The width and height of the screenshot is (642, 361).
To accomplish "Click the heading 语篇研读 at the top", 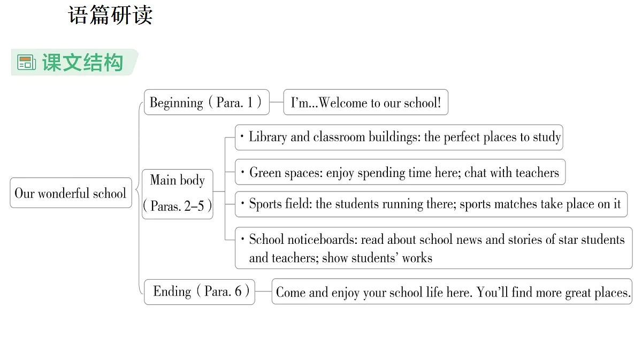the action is point(110,15).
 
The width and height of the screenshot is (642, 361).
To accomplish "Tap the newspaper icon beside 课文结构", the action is point(26,62).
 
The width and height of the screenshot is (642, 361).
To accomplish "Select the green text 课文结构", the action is point(83,62).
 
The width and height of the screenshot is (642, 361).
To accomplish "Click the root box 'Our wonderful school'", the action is point(71,193).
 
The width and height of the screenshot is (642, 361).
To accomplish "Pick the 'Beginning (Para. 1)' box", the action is point(207,102).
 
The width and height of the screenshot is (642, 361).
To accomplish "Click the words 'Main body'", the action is point(178,180).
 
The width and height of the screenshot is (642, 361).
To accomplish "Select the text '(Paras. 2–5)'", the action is point(178,206).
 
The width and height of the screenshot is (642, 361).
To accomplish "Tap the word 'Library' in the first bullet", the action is point(267,137).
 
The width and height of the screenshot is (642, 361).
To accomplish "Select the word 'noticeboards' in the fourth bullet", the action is point(323,240).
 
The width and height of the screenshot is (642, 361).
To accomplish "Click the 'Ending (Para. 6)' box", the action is point(200,291).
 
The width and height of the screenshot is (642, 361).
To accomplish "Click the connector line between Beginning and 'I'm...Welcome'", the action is point(277,102).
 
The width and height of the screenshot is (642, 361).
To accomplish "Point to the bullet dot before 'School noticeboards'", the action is point(243,239).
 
